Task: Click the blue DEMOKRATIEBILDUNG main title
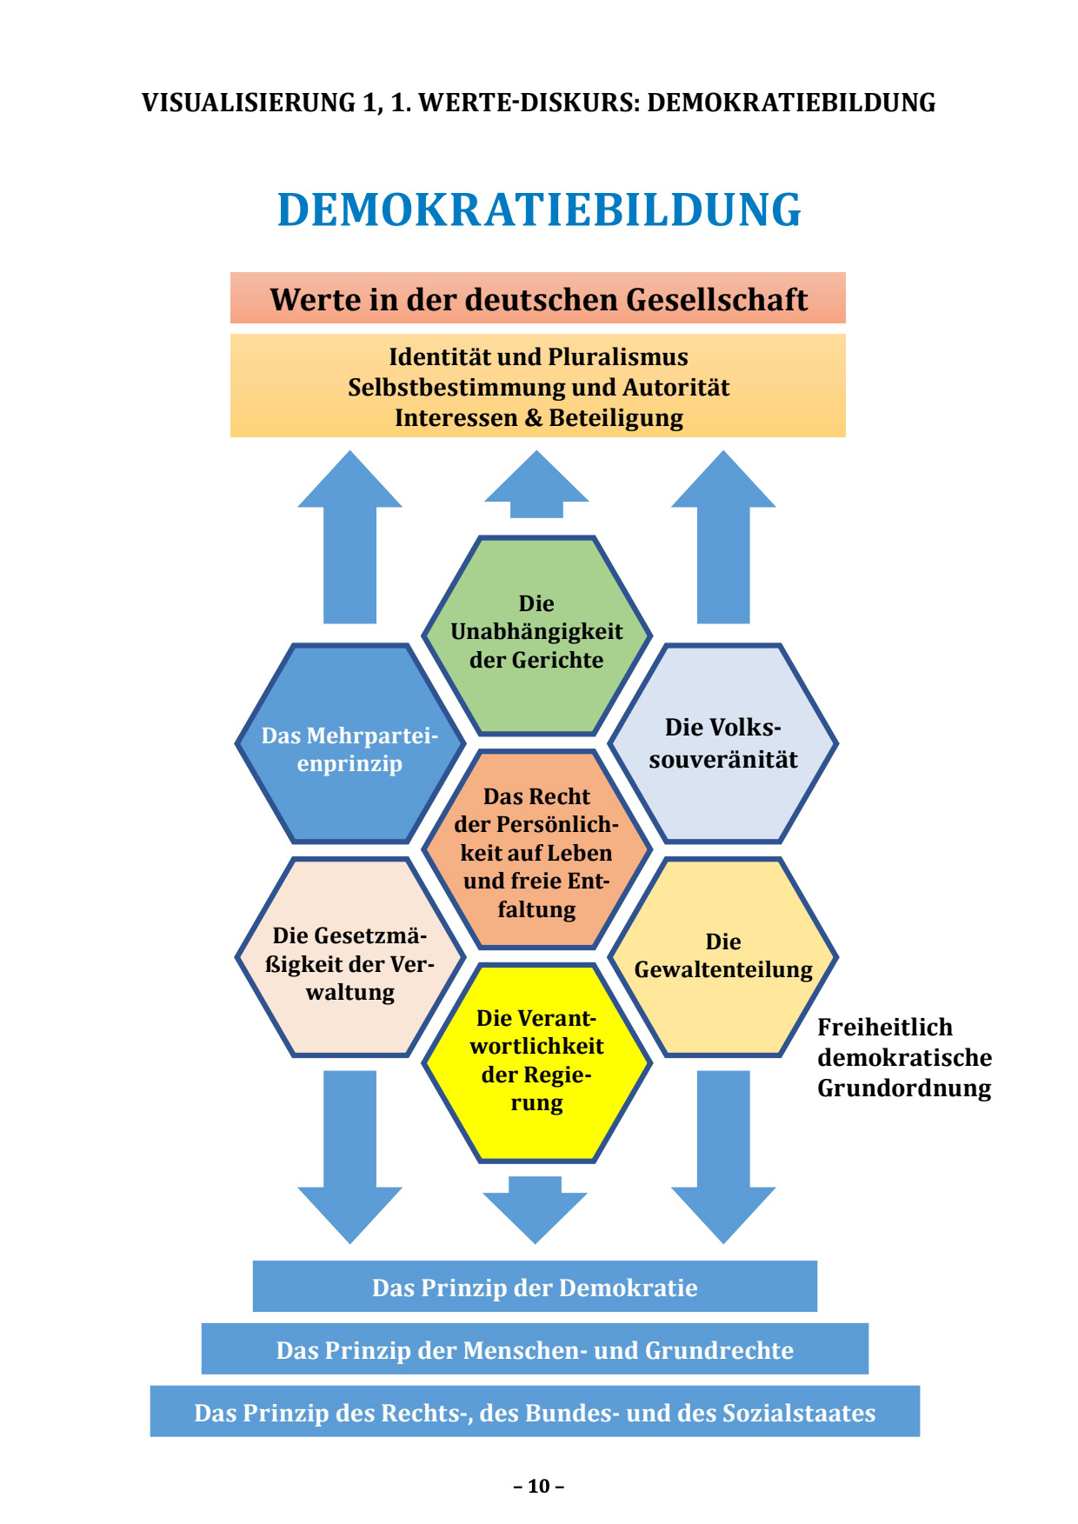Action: (539, 210)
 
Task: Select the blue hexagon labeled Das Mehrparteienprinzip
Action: (349, 748)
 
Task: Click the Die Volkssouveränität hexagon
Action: (722, 743)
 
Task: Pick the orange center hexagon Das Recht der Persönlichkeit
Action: (536, 852)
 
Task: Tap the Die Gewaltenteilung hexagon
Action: (722, 956)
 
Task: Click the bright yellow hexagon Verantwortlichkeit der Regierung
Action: (536, 1061)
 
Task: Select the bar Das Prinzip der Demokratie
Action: (535, 1288)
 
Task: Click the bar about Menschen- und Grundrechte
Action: (535, 1350)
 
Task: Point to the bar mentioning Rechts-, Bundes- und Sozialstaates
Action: (535, 1413)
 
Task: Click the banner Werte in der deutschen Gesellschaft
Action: (538, 299)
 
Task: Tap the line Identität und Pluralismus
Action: (538, 357)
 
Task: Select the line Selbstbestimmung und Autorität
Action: (538, 388)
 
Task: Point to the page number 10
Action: (539, 1486)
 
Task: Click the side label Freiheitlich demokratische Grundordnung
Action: (903, 1058)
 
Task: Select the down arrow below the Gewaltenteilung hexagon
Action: (723, 1156)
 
